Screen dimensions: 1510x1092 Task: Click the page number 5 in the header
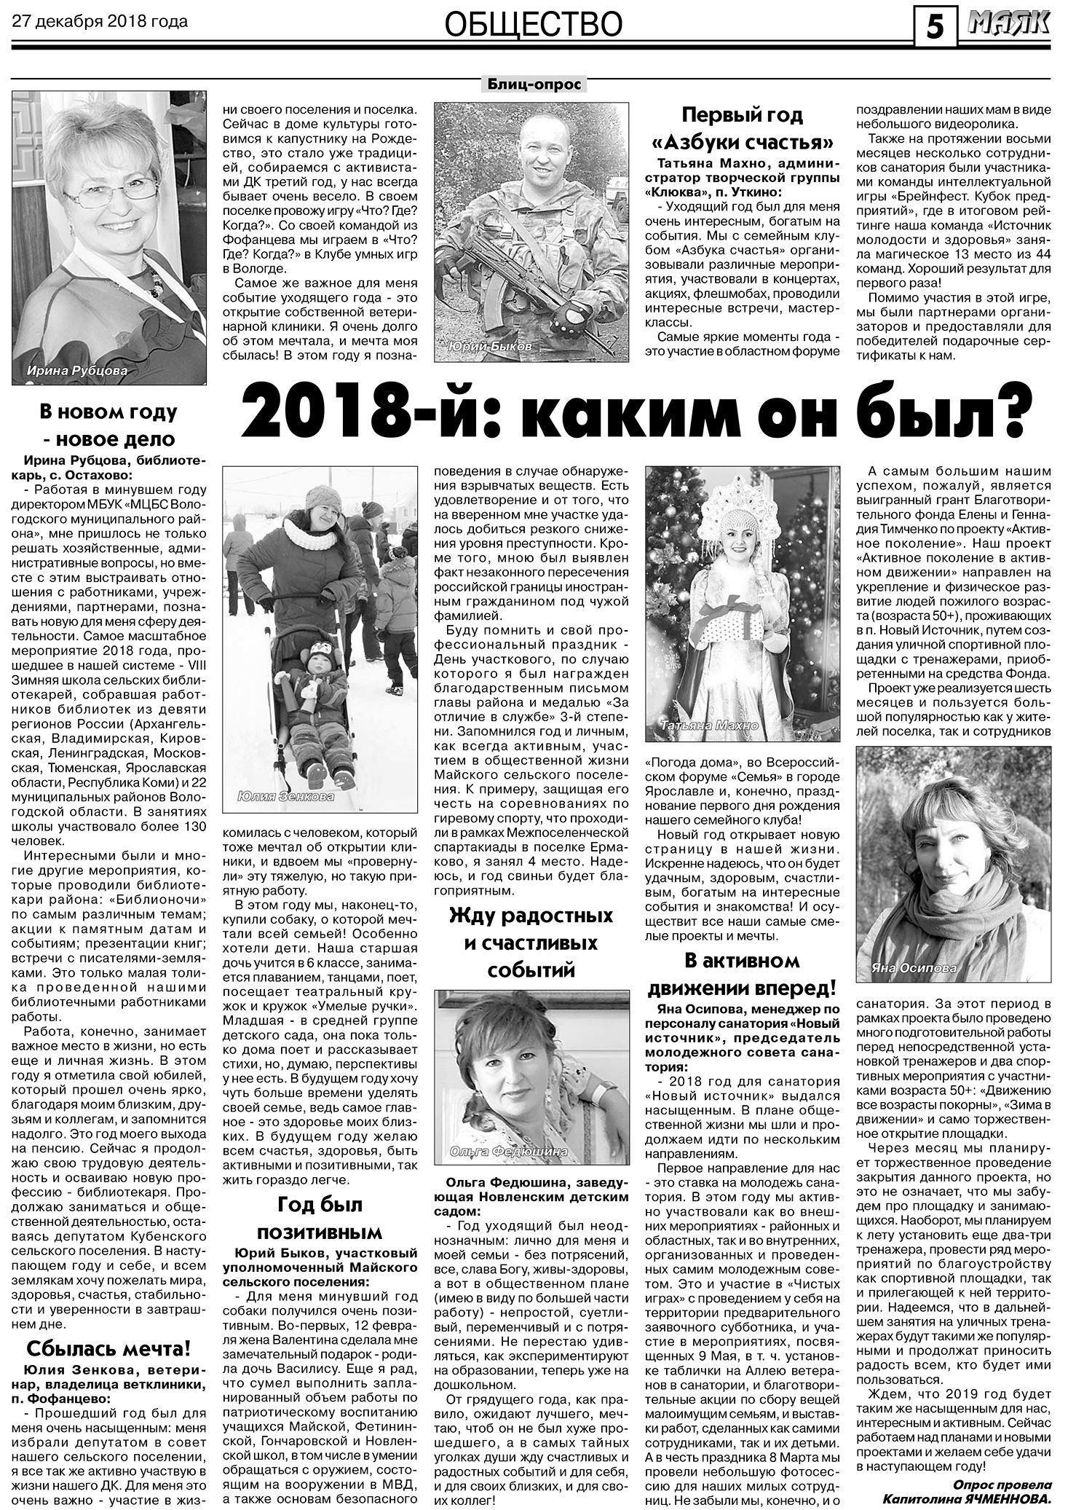point(935,28)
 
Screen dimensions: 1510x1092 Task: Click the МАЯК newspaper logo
point(1009,25)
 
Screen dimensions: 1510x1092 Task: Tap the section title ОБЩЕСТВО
point(533,25)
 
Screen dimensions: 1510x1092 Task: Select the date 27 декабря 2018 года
point(100,21)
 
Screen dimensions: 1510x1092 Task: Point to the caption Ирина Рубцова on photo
point(76,371)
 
